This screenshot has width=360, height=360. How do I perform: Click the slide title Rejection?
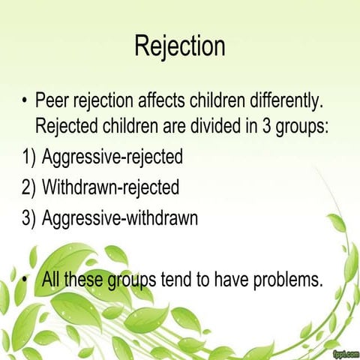[180, 46]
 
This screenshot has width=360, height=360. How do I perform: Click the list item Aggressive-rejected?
[112, 158]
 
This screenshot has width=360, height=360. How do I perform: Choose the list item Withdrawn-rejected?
[111, 188]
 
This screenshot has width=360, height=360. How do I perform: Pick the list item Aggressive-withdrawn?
[119, 219]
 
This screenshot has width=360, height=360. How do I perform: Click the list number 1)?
[28, 158]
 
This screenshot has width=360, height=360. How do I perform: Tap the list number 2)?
[28, 188]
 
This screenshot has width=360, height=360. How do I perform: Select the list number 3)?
[28, 219]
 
